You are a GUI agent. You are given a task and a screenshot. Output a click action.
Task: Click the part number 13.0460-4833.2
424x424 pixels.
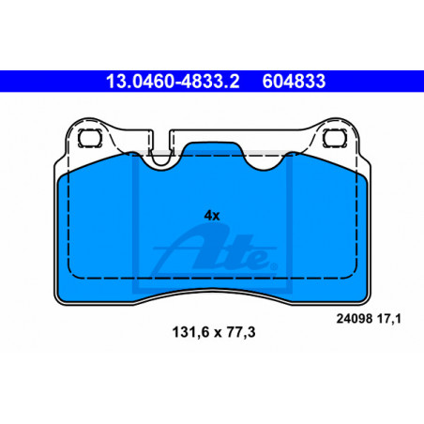173,82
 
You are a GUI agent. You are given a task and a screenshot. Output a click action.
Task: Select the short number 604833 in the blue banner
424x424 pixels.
294,82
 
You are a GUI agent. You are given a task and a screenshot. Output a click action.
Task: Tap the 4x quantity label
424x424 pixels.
212,216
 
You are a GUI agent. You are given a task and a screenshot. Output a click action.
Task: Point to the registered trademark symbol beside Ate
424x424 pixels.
274,266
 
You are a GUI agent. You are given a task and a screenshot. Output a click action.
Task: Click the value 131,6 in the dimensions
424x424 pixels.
190,332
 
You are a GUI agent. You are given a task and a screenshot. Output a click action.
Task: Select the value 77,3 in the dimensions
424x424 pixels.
241,332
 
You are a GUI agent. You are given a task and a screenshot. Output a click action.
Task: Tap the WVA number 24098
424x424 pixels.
355,319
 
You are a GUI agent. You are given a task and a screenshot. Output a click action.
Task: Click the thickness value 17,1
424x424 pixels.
389,319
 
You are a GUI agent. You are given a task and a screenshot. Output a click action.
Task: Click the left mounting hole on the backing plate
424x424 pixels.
90,138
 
